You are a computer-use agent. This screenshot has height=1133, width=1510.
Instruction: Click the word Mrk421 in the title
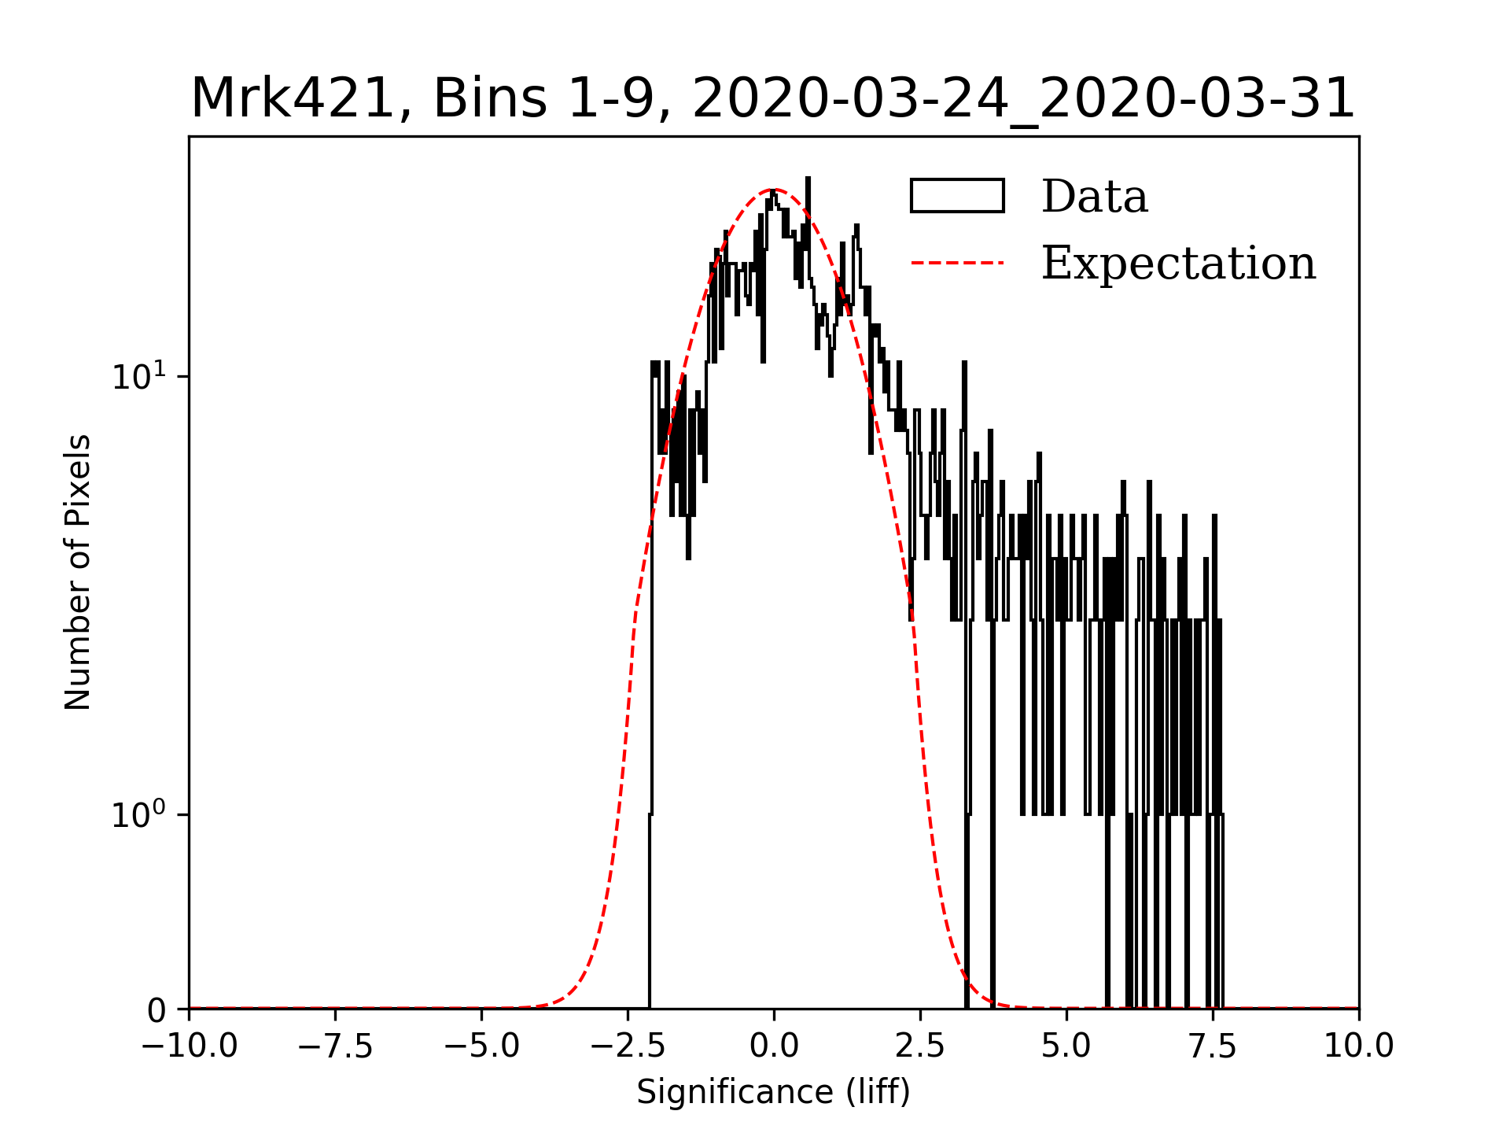point(292,100)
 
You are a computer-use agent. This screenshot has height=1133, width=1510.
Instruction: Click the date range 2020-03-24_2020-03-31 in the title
point(1023,100)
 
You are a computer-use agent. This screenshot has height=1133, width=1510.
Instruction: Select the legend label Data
point(1094,197)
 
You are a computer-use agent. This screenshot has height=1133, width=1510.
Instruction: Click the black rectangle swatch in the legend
point(957,196)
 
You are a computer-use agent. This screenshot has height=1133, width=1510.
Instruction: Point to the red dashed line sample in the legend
point(957,263)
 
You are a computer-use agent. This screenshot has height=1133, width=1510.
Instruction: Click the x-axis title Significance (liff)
point(773,1092)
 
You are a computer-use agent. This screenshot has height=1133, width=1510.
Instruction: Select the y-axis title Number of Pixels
point(78,572)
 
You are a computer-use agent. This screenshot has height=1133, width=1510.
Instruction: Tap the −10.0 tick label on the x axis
point(189,1046)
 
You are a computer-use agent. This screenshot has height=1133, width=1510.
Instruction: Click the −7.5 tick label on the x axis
point(335,1046)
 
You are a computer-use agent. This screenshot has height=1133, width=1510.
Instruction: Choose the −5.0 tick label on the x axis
point(481,1046)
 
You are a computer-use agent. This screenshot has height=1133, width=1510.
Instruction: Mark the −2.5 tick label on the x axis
point(628,1046)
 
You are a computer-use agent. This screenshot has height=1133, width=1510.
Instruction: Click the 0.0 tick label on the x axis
point(774,1046)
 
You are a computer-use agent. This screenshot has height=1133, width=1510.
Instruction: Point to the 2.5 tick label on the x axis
point(920,1046)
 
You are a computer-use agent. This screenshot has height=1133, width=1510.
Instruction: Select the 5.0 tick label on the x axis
point(1066,1046)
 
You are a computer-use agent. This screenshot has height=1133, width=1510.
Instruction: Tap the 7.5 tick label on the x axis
point(1213,1046)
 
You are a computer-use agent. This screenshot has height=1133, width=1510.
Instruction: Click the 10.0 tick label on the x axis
point(1358,1046)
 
